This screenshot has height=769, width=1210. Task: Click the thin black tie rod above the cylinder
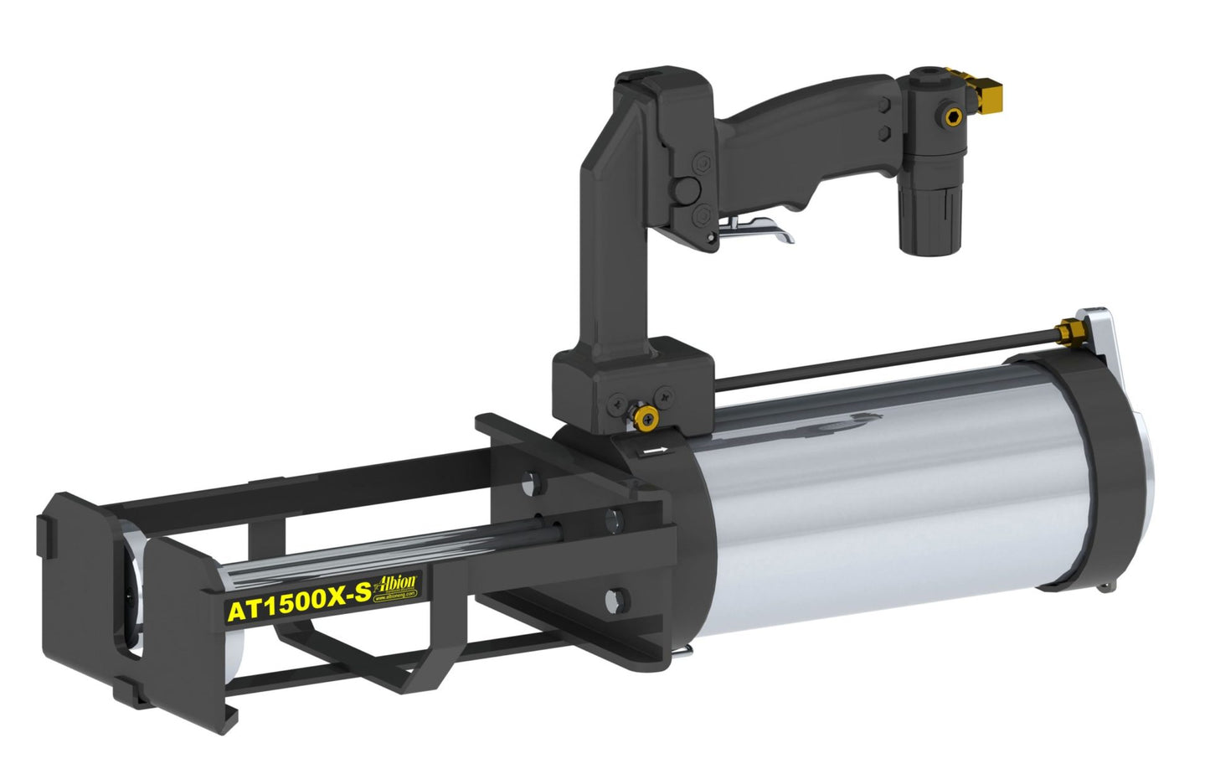tap(879, 355)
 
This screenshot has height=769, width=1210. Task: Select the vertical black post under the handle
tap(603, 251)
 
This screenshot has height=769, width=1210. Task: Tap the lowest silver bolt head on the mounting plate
tap(616, 600)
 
